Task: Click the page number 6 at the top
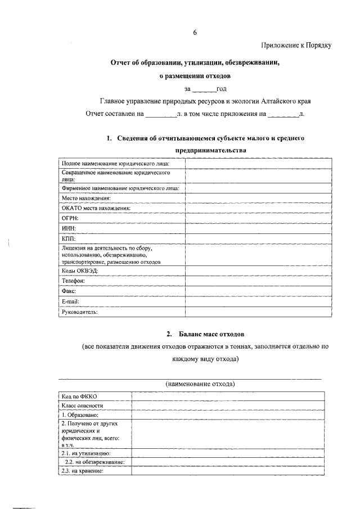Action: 195,32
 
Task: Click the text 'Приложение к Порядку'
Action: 296,46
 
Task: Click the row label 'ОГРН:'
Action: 70,218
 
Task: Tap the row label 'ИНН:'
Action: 68,228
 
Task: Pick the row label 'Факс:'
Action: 69,291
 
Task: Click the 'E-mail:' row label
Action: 70,301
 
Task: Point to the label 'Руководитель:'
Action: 80,312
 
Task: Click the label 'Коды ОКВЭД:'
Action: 79,271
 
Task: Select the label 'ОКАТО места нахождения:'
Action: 96,208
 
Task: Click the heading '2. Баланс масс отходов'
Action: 205,335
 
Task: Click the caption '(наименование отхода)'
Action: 200,384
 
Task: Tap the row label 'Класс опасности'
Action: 83,406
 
